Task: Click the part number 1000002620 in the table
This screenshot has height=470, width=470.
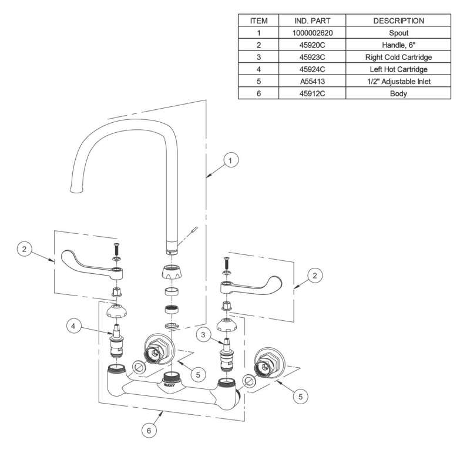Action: (313, 33)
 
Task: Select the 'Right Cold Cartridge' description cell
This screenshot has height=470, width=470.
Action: (398, 57)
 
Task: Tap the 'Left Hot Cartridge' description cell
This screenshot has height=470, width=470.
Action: (398, 69)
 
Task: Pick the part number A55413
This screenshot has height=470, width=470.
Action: (313, 82)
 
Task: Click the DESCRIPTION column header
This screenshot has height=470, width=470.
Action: (398, 21)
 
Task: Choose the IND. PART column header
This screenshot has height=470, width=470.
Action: (313, 21)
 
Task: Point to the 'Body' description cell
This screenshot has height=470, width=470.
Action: (398, 93)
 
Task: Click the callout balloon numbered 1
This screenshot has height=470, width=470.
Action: (230, 160)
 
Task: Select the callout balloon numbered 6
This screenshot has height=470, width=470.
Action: (149, 431)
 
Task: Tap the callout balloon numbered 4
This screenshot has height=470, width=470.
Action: (73, 326)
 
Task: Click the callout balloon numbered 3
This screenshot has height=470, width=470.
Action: (203, 334)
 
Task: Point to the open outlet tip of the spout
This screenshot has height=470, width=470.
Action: (76, 190)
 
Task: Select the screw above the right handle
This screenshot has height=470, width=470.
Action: (227, 263)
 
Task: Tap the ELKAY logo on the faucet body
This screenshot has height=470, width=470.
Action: (169, 385)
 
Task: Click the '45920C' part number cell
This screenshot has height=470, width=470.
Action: (313, 45)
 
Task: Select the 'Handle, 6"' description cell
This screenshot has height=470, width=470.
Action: (398, 45)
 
